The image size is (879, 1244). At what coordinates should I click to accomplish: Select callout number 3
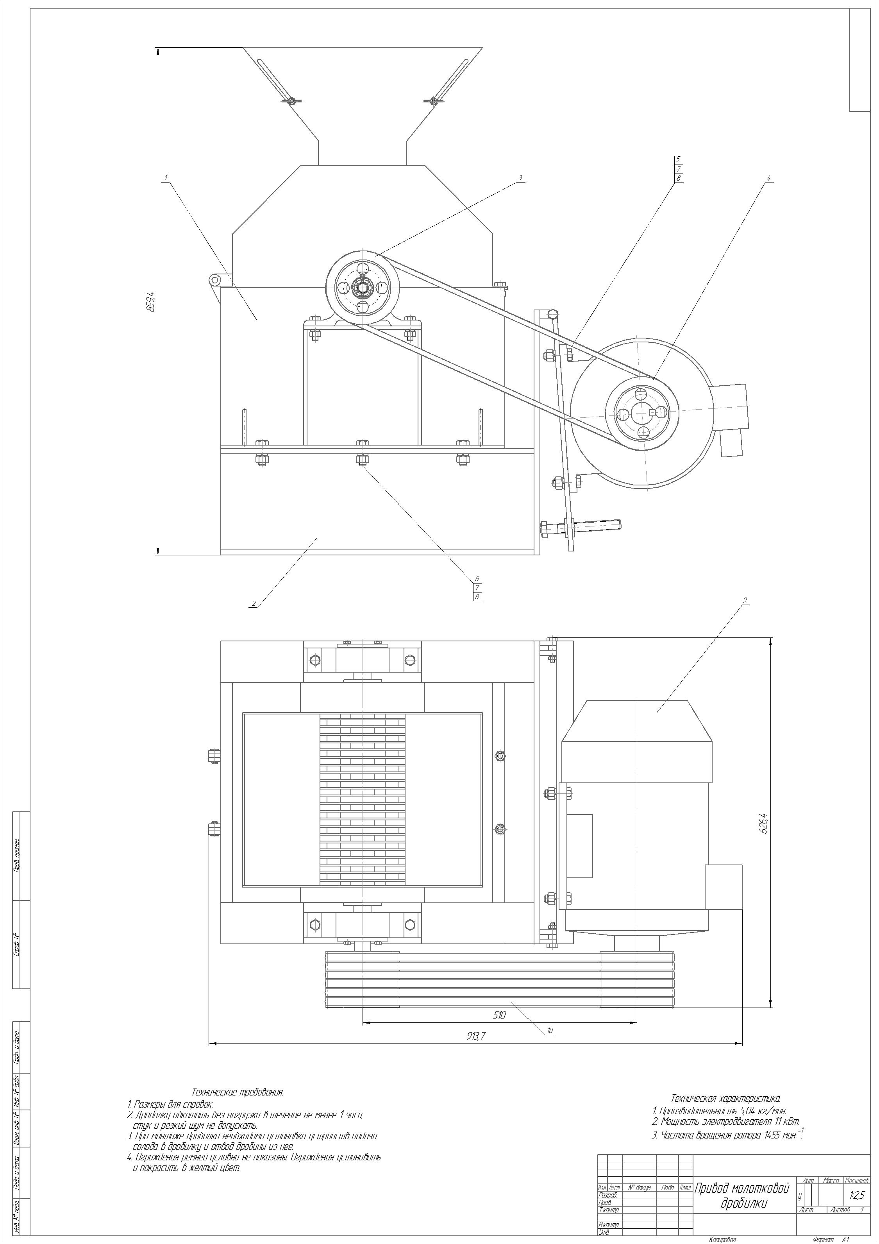520,177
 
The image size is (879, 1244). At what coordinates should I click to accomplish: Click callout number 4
768,178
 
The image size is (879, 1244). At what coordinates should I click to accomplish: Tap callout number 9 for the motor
745,600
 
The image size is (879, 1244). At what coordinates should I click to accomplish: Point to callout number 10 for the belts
550,1031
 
